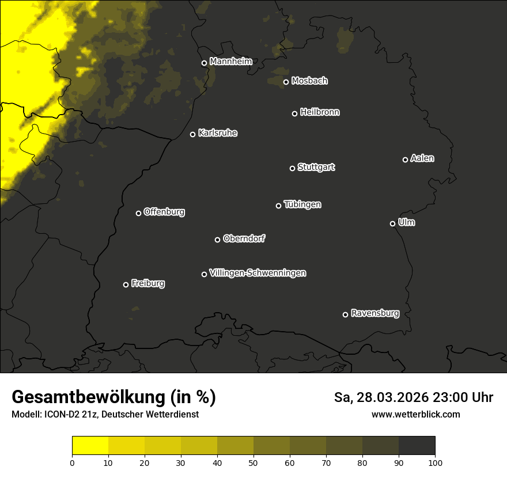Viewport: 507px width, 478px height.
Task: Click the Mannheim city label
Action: pos(230,62)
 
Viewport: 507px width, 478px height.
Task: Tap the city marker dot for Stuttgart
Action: pos(292,168)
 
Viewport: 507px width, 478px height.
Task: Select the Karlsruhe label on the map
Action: pos(217,133)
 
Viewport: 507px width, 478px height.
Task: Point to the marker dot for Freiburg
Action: pos(126,284)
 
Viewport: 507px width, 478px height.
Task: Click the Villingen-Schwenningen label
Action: pos(258,273)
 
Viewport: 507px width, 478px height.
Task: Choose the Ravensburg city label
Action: pos(374,313)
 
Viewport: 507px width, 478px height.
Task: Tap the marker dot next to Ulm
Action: pos(392,223)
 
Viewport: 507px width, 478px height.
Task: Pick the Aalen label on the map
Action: pos(422,158)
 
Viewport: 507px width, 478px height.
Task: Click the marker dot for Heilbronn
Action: pos(294,113)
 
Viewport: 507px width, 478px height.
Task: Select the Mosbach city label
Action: pos(309,81)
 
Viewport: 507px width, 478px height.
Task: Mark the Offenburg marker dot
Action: pos(138,213)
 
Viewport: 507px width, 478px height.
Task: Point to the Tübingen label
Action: pos(302,204)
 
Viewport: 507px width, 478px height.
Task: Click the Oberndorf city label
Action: pos(244,238)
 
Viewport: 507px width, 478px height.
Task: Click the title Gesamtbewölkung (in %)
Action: pos(113,397)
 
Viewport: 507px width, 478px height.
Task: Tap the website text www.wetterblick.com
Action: pos(415,414)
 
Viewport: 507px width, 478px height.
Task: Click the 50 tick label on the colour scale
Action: pos(253,462)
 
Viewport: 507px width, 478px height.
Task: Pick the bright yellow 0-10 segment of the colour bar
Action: pos(90,445)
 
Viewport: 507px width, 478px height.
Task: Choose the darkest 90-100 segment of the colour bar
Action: pos(417,445)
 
